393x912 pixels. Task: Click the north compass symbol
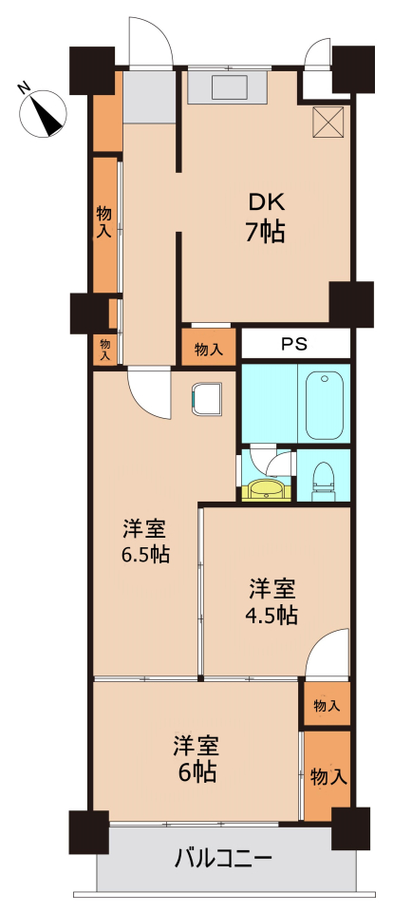(42, 112)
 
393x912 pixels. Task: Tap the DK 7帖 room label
(266, 218)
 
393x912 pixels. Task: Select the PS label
(294, 343)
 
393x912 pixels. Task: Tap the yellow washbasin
(267, 490)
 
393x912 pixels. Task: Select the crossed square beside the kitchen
(327, 123)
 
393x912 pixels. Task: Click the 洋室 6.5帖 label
(144, 542)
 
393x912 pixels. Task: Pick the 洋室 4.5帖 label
(273, 601)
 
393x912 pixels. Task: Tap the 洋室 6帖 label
(196, 758)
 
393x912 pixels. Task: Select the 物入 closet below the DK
(209, 349)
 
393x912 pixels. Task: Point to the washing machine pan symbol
(207, 398)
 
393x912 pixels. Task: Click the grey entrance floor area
(149, 97)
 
